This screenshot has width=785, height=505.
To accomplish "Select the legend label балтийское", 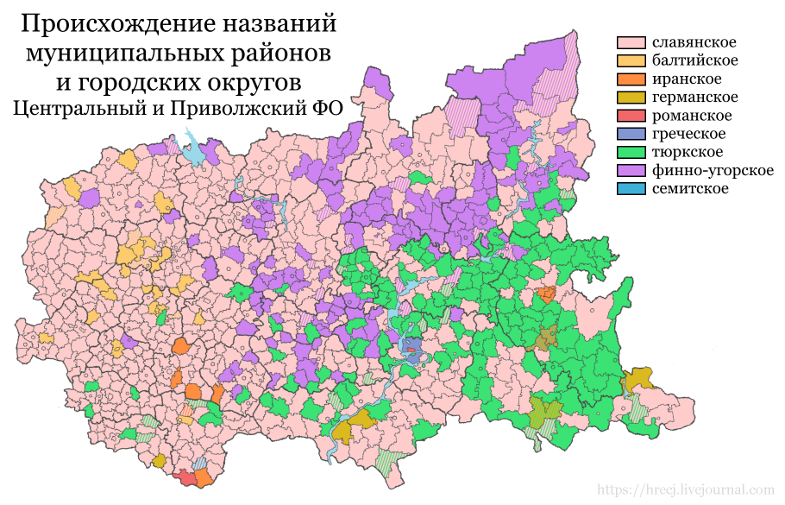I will click(x=694, y=60).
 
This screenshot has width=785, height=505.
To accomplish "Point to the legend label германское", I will click(x=695, y=97).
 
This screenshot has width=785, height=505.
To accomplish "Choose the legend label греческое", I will click(x=689, y=134).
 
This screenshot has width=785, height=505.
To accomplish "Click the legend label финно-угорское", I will click(x=713, y=170).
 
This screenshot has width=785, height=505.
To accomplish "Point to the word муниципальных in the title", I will click(x=115, y=54).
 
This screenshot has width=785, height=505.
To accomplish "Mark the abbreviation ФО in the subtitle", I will click(x=327, y=109).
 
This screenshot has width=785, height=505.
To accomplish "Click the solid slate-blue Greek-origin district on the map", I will click(x=412, y=350).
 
